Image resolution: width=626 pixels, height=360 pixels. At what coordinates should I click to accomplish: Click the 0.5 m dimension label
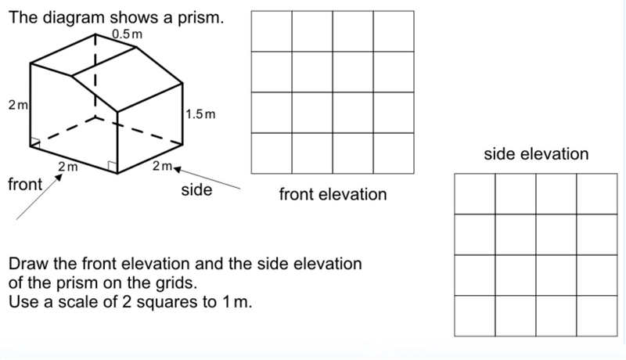point(127,34)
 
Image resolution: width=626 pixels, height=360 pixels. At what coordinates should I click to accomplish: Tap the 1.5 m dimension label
point(200,114)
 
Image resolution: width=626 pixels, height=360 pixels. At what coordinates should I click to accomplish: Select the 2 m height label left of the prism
point(18,105)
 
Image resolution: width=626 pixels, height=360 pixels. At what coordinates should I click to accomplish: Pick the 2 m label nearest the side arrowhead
point(162,166)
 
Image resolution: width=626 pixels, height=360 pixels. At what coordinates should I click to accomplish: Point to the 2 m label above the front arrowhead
point(68,167)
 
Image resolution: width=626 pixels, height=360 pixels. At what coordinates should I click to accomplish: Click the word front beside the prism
point(25,185)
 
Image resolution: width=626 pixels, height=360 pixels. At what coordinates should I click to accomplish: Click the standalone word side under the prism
point(196,189)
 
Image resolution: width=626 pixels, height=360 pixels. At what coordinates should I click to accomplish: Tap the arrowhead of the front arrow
point(59,178)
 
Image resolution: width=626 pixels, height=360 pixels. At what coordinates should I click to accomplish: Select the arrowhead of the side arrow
point(177,170)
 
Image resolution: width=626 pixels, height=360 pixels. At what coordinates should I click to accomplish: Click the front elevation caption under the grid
point(333,194)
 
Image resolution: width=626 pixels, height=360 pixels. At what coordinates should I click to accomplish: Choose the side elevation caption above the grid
point(536,153)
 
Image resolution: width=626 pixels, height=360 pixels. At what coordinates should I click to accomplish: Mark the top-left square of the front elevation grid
point(272,31)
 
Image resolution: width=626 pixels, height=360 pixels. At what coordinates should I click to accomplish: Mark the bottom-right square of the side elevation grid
point(597,315)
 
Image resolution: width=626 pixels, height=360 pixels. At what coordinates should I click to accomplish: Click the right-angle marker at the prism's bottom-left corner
point(35,142)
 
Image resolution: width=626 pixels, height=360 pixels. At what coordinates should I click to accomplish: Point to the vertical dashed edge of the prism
point(95,75)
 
